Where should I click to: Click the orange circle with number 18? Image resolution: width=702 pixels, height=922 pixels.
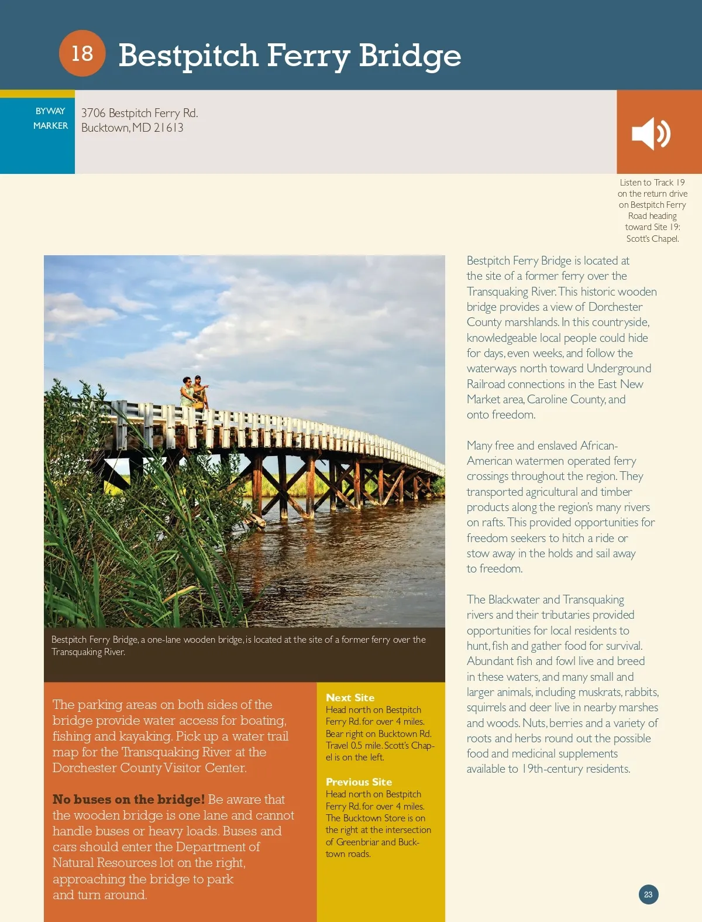tap(82, 53)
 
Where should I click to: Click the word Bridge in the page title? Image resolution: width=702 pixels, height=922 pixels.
tap(409, 56)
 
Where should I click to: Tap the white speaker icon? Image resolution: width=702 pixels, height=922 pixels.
tap(651, 133)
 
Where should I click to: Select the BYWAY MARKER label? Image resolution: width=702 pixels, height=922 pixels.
tap(50, 118)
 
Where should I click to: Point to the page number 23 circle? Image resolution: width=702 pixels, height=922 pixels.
tap(648, 894)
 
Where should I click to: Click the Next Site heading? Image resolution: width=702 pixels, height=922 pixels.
tap(350, 697)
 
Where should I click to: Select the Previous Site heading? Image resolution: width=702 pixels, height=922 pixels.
tap(359, 782)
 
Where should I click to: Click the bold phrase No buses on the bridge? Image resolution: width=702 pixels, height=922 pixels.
tap(129, 799)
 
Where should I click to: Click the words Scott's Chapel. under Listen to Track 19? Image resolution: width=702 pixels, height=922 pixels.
tap(652, 238)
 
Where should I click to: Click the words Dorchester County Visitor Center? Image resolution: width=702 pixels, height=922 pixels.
tap(149, 767)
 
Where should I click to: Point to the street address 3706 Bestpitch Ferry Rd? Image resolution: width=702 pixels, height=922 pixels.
tap(139, 113)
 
